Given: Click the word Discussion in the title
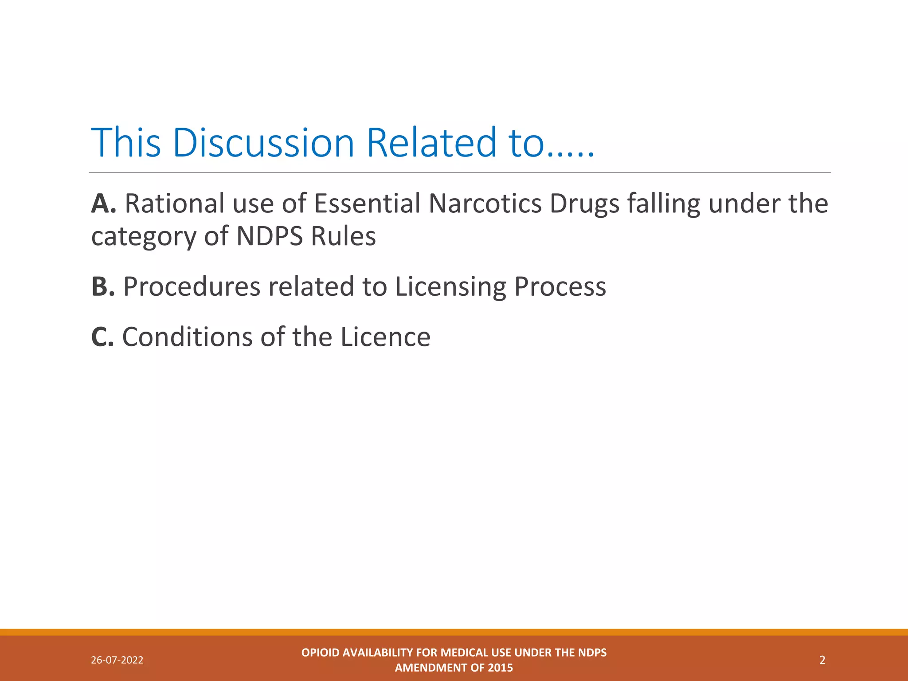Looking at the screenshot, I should click(263, 143).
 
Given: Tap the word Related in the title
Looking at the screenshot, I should click(431, 143).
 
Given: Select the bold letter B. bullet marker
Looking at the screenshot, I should click(103, 286).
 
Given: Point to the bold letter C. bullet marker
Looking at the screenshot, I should click(102, 337).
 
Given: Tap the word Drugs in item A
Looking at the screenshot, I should click(584, 205).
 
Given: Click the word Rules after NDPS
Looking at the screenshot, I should click(343, 236).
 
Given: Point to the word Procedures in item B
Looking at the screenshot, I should click(192, 286).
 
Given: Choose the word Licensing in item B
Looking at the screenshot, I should click(450, 287).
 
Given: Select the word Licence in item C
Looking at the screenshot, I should click(385, 337).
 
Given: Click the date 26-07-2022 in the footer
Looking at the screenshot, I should click(117, 660).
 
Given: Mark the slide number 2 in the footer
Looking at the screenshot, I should click(822, 660).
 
